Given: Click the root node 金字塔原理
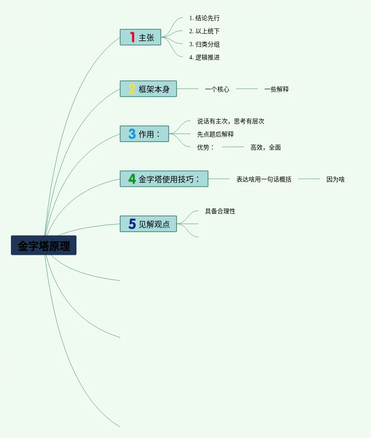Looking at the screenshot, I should coord(44,245).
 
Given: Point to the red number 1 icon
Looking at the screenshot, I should coord(132,37).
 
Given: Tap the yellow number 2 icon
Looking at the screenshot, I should coord(132,89).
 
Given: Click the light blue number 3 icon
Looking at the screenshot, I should coord(132,134).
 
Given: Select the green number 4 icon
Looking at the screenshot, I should coord(132,179).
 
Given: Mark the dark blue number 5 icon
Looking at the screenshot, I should coord(132,224).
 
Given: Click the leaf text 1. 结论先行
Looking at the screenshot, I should coord(204,18).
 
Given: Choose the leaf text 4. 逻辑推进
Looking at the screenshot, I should coord(204,57).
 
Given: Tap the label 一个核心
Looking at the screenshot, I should coord(217,89).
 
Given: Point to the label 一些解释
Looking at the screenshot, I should coord(277,89).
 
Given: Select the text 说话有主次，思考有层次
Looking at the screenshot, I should coord(231,121).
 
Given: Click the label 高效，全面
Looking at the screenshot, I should coord(266,147).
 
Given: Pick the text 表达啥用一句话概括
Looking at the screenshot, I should coord(264,179).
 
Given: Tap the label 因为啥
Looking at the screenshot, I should coord(336,179).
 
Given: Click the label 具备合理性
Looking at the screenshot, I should coord(220,211).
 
